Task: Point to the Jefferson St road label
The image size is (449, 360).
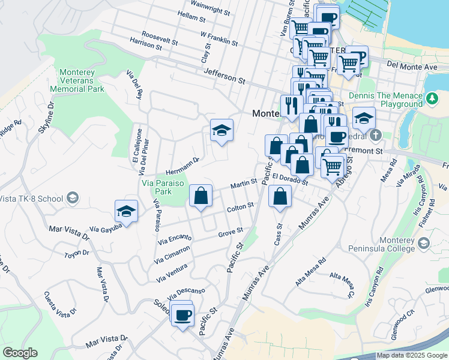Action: (224, 76)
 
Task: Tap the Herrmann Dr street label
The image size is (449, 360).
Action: (182, 163)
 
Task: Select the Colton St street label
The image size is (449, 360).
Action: (241, 208)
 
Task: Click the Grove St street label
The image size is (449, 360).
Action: (230, 232)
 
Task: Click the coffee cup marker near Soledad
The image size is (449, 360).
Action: (182, 314)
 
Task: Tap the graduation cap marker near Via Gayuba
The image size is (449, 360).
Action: (127, 211)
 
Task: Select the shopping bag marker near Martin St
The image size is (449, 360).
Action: (201, 195)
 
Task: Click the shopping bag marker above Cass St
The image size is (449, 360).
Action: (280, 196)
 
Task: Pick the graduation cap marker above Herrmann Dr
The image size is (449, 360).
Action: (221, 130)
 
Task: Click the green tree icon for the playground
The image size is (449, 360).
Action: (432, 97)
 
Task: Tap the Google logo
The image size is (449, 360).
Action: (19, 353)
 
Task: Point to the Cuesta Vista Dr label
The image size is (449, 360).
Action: (60, 304)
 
